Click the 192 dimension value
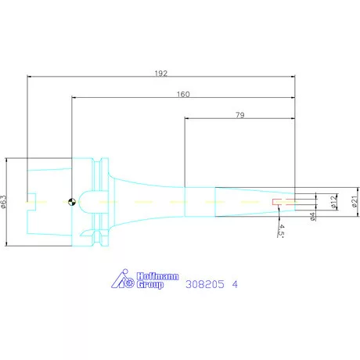(x=161, y=74)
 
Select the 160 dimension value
(x=183, y=94)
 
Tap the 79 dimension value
(x=240, y=115)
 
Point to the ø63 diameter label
(x=4, y=202)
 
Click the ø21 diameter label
(x=355, y=202)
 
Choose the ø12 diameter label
(x=333, y=202)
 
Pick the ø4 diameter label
(x=312, y=217)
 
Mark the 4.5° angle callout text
(x=281, y=230)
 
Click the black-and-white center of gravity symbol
(x=72, y=202)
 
